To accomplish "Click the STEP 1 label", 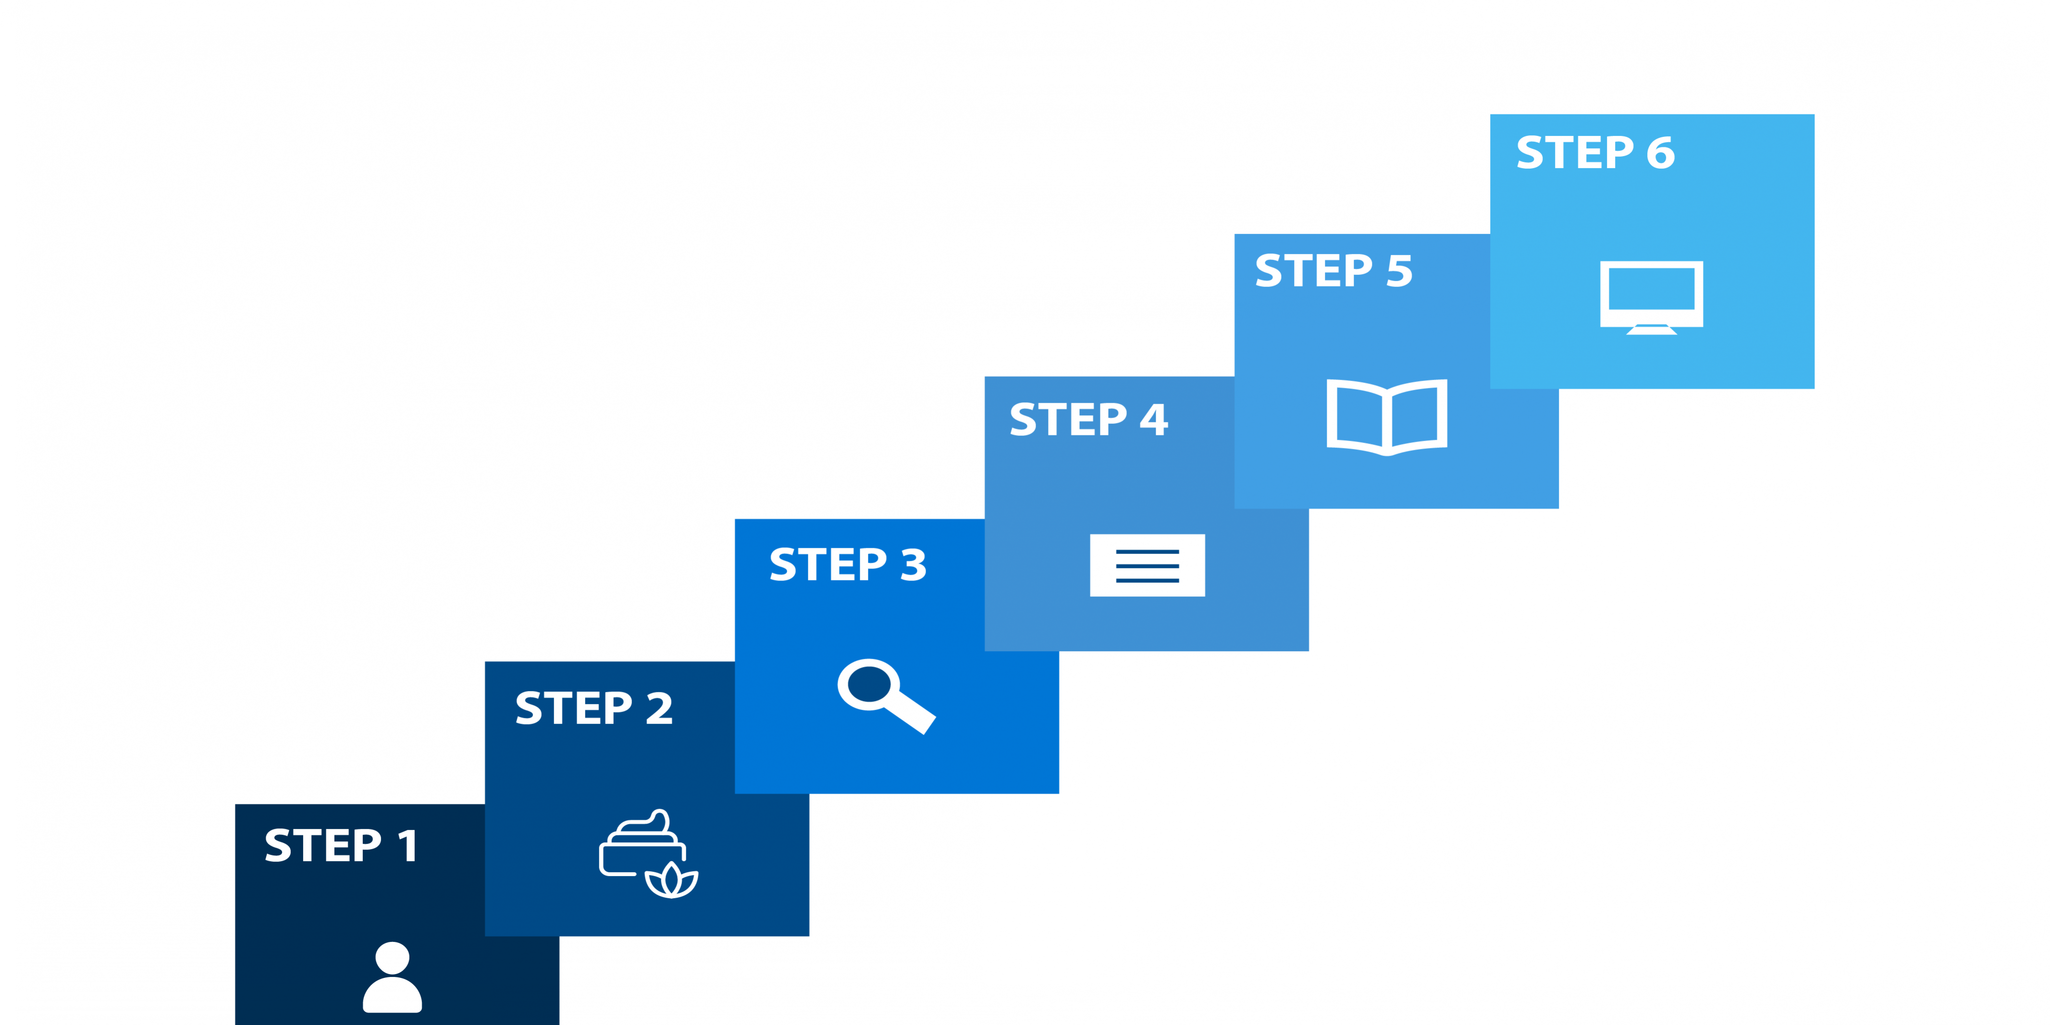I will pyautogui.click(x=341, y=845).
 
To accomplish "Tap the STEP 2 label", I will pyautogui.click(x=593, y=708).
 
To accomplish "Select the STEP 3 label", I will pyautogui.click(x=848, y=565).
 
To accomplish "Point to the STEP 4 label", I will pyautogui.click(x=1088, y=420).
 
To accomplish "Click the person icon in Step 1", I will pyautogui.click(x=392, y=977).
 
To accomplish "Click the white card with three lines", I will pyautogui.click(x=1147, y=565).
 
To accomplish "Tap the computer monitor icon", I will pyautogui.click(x=1651, y=296).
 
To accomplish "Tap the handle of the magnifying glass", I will pyautogui.click(x=911, y=712).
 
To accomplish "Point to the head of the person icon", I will pyautogui.click(x=392, y=957).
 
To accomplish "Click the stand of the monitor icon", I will pyautogui.click(x=1651, y=330).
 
